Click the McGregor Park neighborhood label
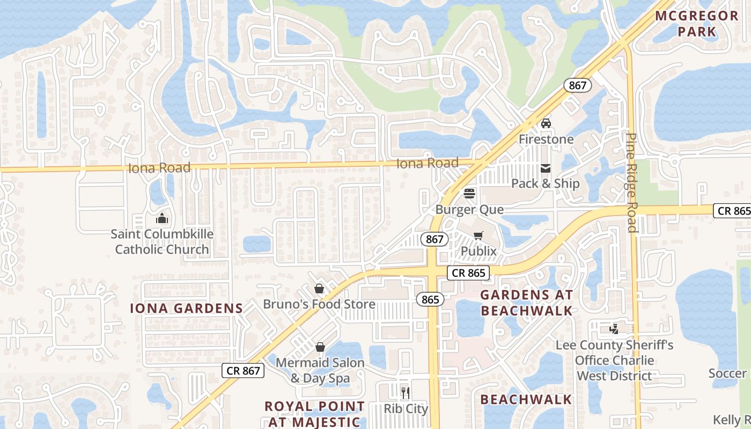click(697, 24)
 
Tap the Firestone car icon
click(546, 123)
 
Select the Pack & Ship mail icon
click(546, 168)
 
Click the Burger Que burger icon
click(469, 194)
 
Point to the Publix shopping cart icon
click(478, 235)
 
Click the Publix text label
click(478, 251)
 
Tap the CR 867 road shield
click(243, 371)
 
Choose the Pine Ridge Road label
click(632, 182)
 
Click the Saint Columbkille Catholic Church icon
click(161, 218)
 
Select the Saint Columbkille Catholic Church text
click(162, 241)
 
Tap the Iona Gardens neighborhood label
click(187, 308)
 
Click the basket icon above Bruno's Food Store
click(319, 289)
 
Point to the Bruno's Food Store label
click(319, 305)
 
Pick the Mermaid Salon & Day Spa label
click(320, 370)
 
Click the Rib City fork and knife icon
click(406, 393)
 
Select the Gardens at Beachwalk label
click(526, 302)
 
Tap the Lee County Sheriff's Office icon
click(614, 329)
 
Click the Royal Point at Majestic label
click(314, 413)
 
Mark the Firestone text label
click(546, 139)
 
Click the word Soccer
click(727, 373)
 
